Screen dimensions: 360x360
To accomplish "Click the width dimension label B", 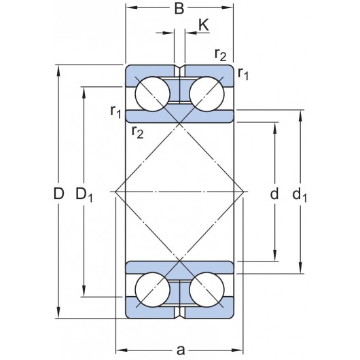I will (x=179, y=9).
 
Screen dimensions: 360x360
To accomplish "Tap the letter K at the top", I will (x=203, y=26).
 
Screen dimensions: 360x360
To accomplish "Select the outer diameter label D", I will (x=59, y=194).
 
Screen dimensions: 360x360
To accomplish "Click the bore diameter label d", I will (x=274, y=194).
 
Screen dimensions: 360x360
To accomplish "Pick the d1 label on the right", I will (x=300, y=196).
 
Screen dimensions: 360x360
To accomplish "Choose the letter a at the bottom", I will (x=181, y=350).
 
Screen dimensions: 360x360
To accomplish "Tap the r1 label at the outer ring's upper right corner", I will (x=243, y=73).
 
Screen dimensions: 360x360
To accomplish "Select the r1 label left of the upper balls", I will (x=116, y=110).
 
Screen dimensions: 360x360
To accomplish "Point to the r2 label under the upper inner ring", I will (x=137, y=131).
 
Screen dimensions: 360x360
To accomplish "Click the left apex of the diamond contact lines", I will (x=116, y=192).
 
